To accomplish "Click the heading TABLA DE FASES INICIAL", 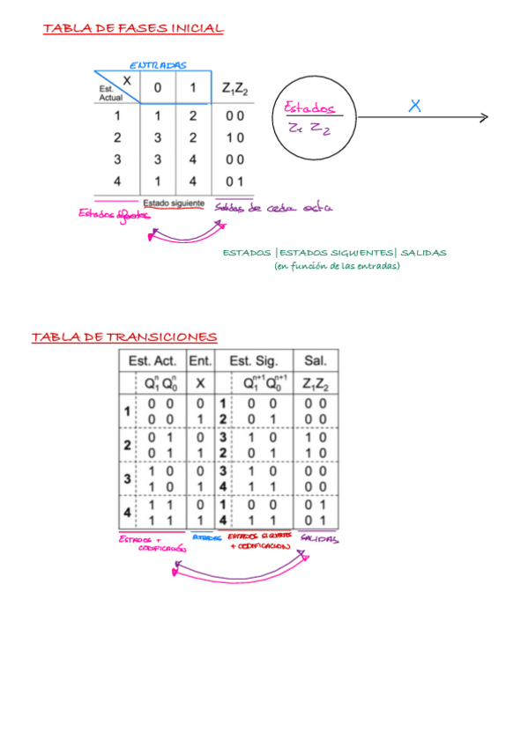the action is pos(133,29).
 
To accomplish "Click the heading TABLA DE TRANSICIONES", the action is pos(124,337).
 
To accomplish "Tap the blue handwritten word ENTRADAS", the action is pos(159,65).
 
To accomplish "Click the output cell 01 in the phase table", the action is pos(234,181).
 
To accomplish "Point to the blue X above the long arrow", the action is pos(415,106).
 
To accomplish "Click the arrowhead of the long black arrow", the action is pos(483,118).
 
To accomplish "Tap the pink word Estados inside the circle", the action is pos(310,108).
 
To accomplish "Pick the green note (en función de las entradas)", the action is pos(337,266).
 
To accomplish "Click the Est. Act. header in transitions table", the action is pos(152,361).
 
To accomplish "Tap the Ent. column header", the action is pos(200,361).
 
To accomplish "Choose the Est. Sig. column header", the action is pos(254,361).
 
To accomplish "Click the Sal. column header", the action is pos(315,361).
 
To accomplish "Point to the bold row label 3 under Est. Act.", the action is pos(127,479).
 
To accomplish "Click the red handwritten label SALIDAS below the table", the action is pos(319,538).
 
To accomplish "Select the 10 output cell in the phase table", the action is pos(234,137).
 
